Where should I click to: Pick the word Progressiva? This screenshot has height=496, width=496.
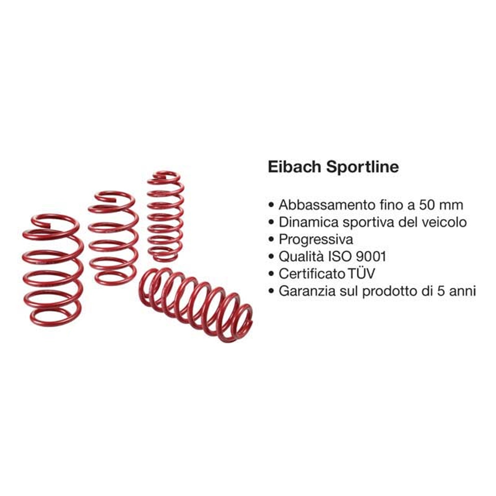coord(316,240)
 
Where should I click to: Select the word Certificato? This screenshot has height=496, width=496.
coord(312,274)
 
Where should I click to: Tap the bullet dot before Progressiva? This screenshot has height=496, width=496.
coord(272,240)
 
